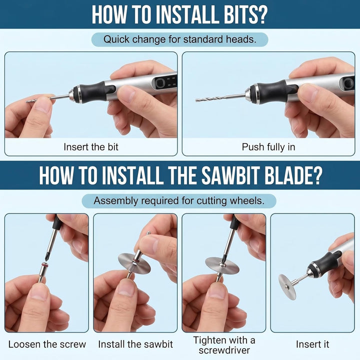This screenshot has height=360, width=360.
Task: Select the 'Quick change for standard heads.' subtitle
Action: (x=180, y=39)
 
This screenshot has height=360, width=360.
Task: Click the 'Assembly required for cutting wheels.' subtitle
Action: (x=179, y=201)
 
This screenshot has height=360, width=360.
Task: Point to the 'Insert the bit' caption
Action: (x=91, y=147)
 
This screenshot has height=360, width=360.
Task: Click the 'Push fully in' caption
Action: (x=268, y=147)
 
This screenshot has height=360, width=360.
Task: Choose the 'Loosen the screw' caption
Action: (x=47, y=344)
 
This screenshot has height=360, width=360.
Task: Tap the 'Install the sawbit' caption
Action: (x=135, y=344)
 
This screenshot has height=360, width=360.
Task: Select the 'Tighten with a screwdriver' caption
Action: (x=224, y=345)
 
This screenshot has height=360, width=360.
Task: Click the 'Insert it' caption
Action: (x=312, y=344)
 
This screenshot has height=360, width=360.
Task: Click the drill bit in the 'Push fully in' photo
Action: (x=220, y=97)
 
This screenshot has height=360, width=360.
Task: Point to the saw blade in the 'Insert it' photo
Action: (x=287, y=287)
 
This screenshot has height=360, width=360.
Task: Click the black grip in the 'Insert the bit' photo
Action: (x=94, y=92)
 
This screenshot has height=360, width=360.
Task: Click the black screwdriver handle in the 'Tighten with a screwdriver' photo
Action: (x=234, y=221)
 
